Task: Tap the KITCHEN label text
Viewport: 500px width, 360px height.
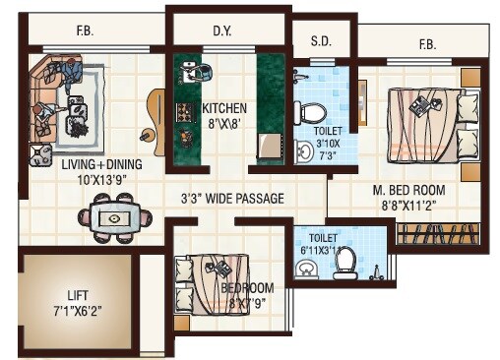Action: pos(224,108)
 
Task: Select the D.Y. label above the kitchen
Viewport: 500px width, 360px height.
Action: pos(222,31)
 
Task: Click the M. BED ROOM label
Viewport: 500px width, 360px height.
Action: pos(408,190)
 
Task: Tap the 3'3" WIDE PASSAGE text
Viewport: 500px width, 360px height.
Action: pos(232,198)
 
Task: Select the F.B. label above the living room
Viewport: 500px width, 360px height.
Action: pos(85,30)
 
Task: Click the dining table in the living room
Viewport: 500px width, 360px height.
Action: pos(116,218)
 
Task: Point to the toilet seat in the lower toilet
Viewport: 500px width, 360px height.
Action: pos(345,263)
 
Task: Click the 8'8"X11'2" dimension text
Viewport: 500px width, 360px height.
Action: pos(408,205)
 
